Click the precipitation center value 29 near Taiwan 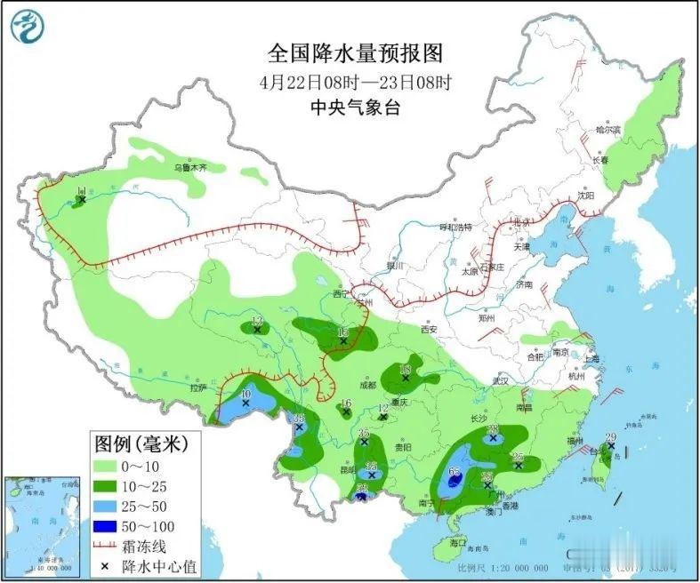coord(610,437)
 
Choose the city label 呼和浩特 coord(459,228)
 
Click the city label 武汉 coord(504,380)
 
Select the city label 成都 coord(367,385)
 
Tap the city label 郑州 coord(486,316)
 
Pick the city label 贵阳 coord(405,448)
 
